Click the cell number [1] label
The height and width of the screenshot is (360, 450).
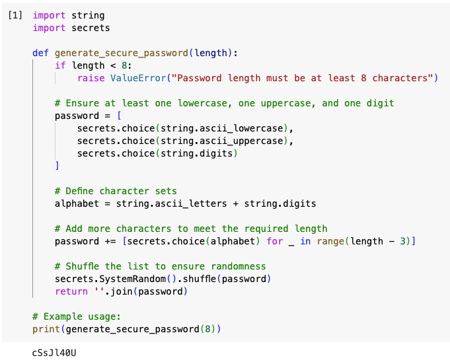point(15,15)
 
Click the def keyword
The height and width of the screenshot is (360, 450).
point(40,53)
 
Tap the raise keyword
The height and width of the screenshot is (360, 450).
point(91,78)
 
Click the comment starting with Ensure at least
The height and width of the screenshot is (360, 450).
point(224,103)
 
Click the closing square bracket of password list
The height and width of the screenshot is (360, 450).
point(57,166)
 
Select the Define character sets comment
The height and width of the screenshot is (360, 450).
point(116,191)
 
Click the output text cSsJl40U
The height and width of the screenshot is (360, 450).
point(54,353)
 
